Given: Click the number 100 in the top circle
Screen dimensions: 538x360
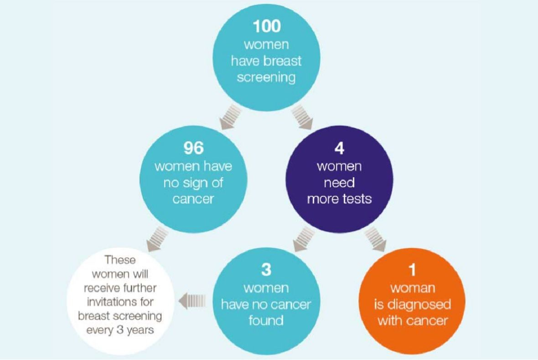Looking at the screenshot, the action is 267,26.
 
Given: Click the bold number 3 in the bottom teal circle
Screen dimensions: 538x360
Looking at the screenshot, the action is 266,270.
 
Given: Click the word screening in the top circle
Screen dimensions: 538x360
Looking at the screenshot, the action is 267,77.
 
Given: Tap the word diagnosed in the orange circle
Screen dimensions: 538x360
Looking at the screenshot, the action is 413,304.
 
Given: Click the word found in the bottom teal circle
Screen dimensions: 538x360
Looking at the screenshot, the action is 266,320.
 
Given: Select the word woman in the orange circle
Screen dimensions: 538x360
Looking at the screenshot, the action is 412,288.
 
